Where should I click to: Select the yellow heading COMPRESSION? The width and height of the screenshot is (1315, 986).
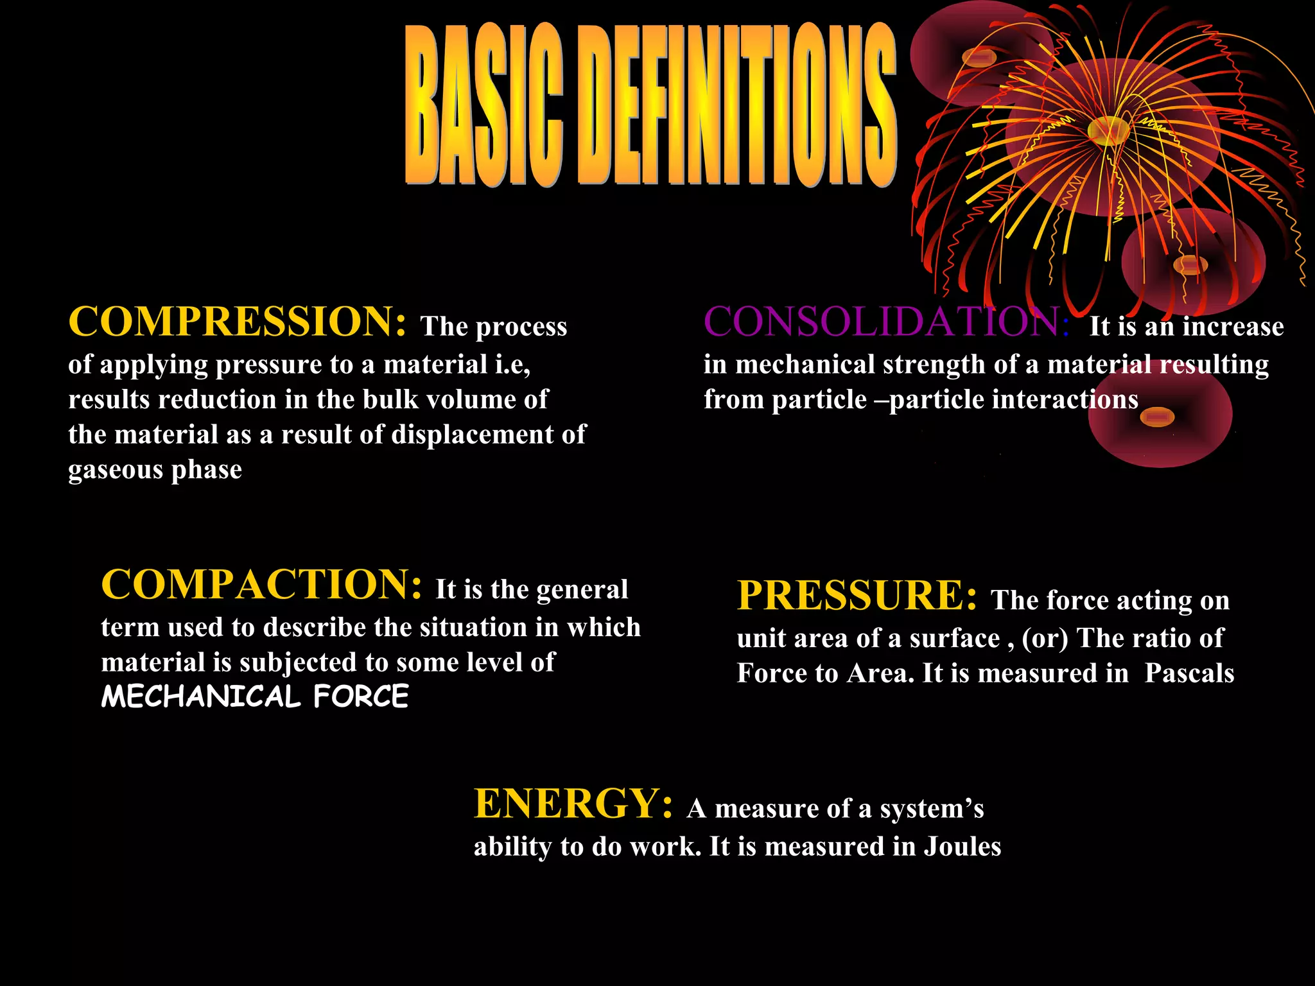click(x=237, y=322)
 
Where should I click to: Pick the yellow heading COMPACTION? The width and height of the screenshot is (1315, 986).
click(x=261, y=585)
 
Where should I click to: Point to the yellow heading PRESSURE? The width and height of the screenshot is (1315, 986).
click(x=857, y=596)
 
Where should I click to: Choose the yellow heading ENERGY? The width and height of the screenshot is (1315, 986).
click(x=573, y=804)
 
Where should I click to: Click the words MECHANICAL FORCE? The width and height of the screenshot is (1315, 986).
click(x=255, y=697)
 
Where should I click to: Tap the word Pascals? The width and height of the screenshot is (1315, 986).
click(x=1189, y=673)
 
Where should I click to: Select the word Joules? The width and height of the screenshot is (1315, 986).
click(x=962, y=847)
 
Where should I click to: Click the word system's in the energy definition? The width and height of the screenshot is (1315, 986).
click(x=931, y=809)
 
